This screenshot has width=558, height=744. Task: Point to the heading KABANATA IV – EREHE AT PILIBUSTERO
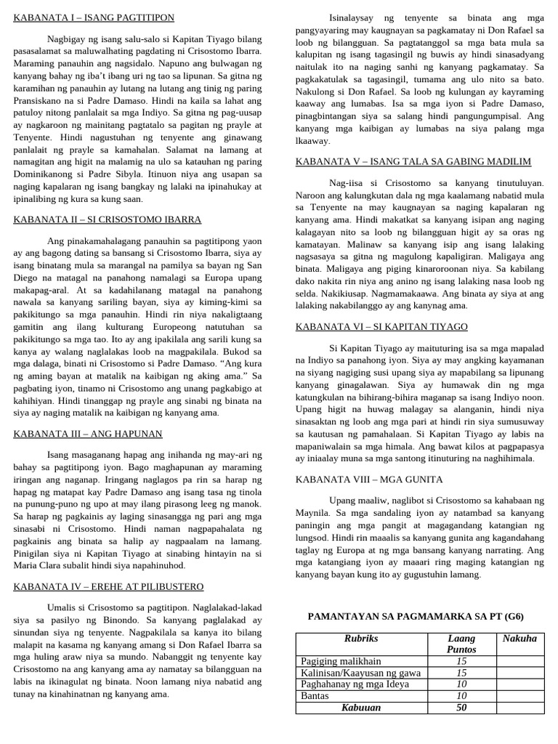pyautogui.click(x=109, y=586)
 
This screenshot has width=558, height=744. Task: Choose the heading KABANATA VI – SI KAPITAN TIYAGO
pyautogui.click(x=381, y=327)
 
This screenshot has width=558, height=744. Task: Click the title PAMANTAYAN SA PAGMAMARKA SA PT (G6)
pyautogui.click(x=416, y=616)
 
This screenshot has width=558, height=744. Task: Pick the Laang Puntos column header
pyautogui.click(x=461, y=644)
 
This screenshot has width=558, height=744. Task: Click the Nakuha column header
pyautogui.click(x=519, y=639)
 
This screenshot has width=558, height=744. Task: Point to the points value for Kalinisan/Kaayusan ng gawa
pyautogui.click(x=461, y=673)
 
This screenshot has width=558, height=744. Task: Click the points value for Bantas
pyautogui.click(x=461, y=696)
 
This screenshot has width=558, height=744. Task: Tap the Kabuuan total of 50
pyautogui.click(x=461, y=708)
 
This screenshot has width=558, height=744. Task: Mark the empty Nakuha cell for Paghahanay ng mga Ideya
pyautogui.click(x=519, y=684)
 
